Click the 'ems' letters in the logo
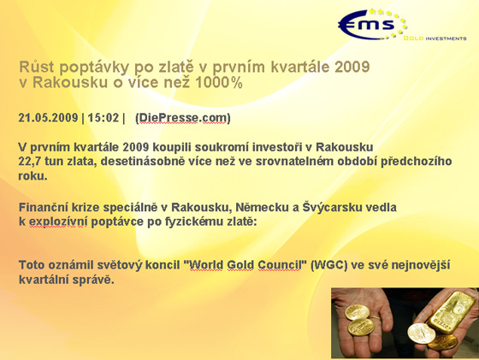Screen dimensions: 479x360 point(367,25)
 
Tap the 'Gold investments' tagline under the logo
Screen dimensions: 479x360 point(435,38)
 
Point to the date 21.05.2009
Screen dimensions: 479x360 point(48,117)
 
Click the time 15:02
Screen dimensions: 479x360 point(103,117)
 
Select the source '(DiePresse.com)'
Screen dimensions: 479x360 point(183,118)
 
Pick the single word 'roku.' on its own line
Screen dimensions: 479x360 point(33,176)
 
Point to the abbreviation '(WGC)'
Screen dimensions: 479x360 point(328,265)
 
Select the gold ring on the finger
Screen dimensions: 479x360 point(376,317)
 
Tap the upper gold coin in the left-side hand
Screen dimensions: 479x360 point(358,313)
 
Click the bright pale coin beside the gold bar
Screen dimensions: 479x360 point(419,333)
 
